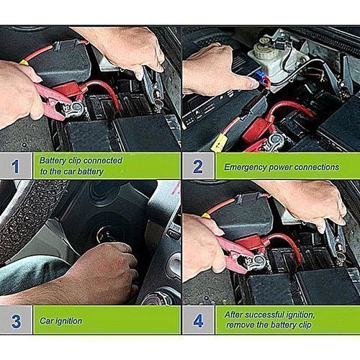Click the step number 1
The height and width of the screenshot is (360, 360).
tap(15, 166)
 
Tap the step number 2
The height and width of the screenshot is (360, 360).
tap(197, 166)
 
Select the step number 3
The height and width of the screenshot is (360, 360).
tap(16, 321)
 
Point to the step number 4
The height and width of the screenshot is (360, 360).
tap(198, 321)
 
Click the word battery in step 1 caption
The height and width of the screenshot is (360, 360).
tap(91, 172)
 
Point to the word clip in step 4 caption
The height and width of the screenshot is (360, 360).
tap(305, 325)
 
